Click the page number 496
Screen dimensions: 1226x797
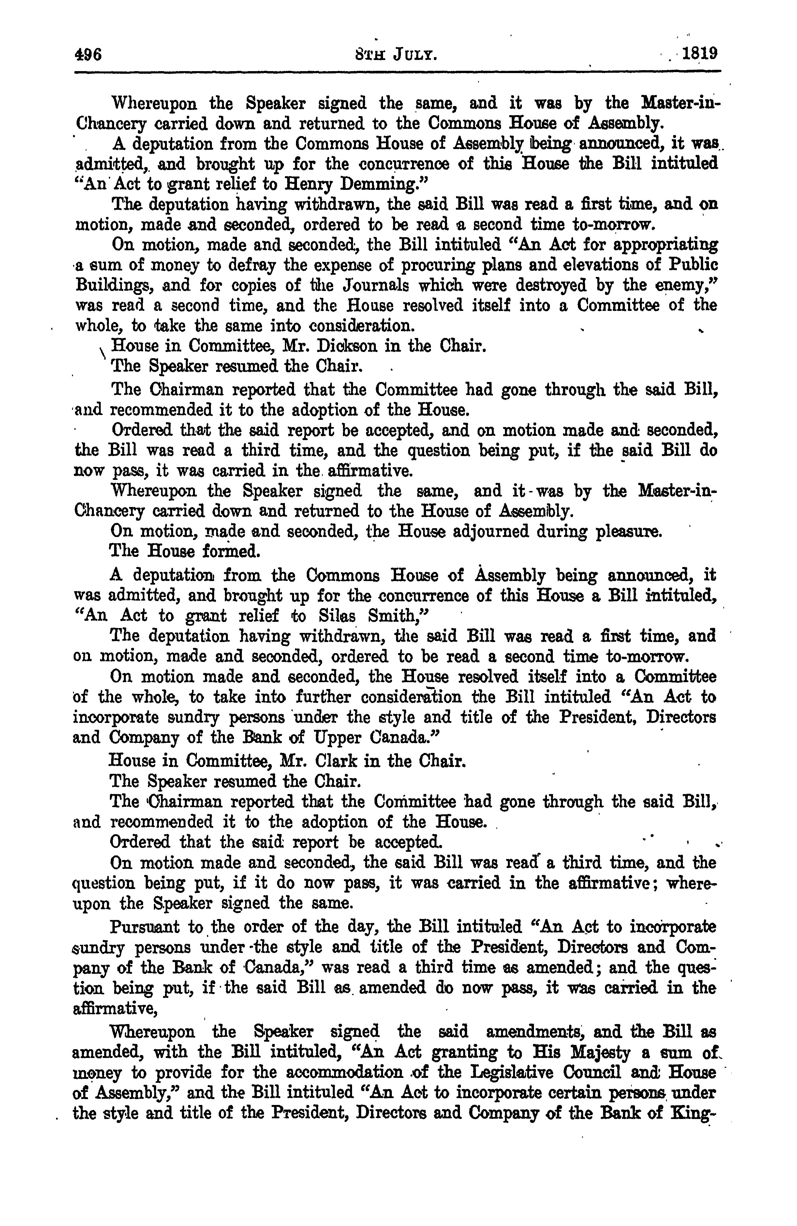pos(89,54)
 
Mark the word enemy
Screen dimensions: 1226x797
pos(688,285)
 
